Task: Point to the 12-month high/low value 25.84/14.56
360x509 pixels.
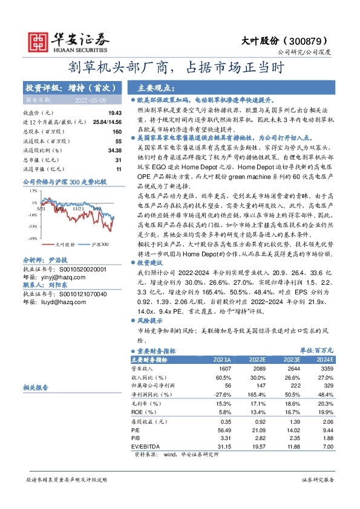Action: pos(105,122)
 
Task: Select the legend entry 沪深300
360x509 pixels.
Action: pos(99,245)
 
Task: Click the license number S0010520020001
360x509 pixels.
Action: pos(80,269)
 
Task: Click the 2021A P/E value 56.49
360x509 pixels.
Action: pos(224,430)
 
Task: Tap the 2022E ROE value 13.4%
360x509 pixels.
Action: pos(258,412)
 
